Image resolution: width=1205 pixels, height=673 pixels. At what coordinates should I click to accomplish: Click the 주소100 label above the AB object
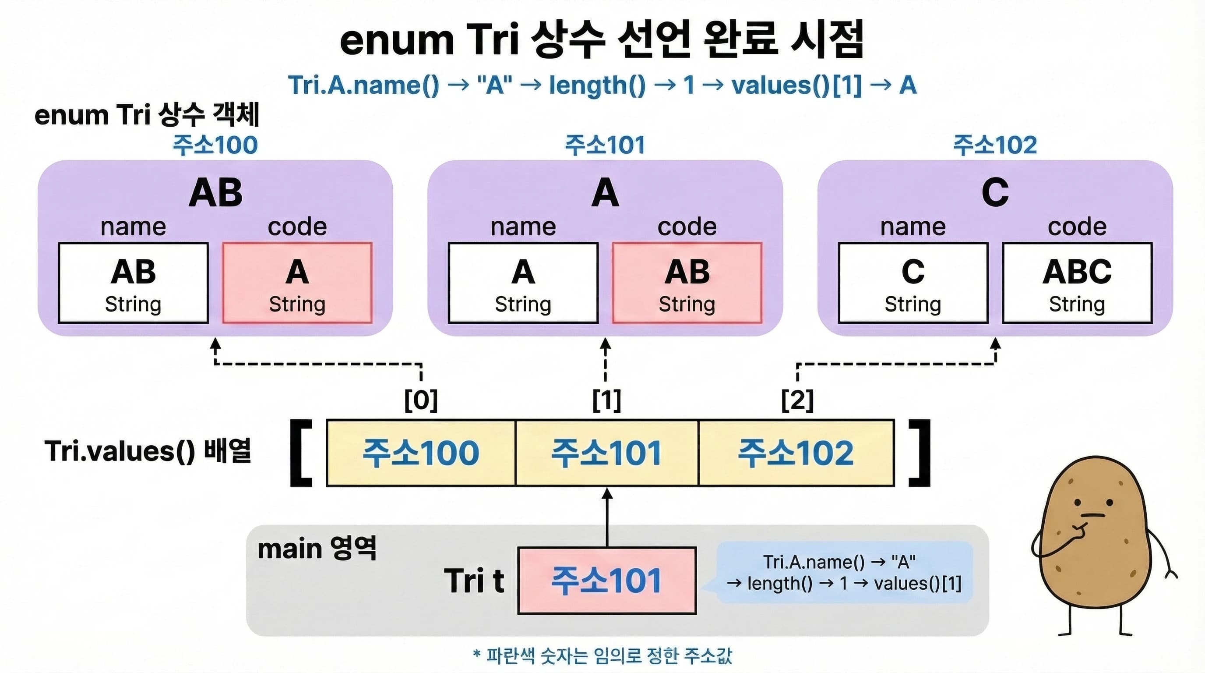(x=215, y=145)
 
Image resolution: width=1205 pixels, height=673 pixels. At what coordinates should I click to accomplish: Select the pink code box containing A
(x=297, y=283)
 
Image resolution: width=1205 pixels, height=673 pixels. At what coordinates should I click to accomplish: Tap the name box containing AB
(x=133, y=283)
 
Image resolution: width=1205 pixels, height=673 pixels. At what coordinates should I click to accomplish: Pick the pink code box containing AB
(x=687, y=283)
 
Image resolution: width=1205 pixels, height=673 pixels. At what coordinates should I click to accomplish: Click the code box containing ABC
(x=1077, y=283)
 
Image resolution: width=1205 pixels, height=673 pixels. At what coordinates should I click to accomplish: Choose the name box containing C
(x=913, y=283)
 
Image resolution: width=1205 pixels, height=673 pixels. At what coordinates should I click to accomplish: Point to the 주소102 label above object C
(x=995, y=145)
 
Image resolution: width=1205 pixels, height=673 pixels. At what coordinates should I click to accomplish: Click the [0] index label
(x=421, y=400)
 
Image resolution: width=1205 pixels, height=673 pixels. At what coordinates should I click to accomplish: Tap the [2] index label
(x=797, y=400)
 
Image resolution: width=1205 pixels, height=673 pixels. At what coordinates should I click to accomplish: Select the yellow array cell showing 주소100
(x=420, y=453)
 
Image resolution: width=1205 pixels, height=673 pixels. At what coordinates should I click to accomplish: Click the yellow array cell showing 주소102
(x=796, y=453)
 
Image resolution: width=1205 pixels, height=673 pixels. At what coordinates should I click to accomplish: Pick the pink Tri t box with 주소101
(x=607, y=581)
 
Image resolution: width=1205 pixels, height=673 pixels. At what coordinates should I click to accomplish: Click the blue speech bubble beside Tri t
(x=844, y=572)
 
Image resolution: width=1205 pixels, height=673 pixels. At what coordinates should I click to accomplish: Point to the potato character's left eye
(x=1077, y=503)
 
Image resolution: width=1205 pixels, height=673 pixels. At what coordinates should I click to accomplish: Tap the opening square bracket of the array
(x=301, y=453)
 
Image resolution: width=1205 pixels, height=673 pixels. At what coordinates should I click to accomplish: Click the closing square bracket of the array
(x=920, y=453)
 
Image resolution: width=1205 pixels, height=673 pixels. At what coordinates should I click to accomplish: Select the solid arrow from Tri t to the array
(x=607, y=517)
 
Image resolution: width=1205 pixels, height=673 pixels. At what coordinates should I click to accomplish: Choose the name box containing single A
(x=523, y=283)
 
